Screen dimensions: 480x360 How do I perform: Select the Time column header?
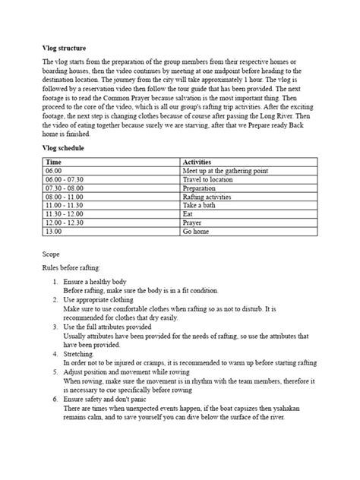tap(54, 162)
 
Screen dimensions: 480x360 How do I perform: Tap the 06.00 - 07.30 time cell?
tap(65, 180)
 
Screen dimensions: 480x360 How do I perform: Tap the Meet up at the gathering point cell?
tap(226, 171)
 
